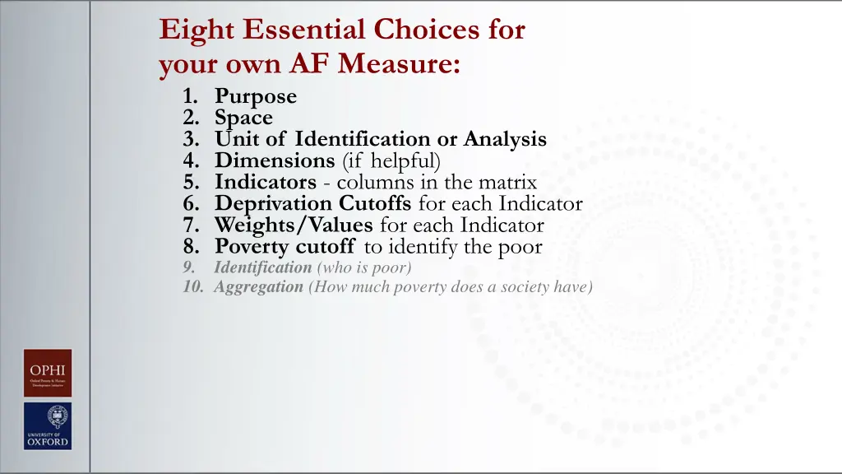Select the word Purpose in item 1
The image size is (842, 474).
(x=256, y=96)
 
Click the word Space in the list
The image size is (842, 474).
(x=243, y=118)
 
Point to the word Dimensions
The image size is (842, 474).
(x=274, y=160)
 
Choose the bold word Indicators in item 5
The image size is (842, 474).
(x=266, y=182)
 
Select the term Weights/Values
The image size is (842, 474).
(x=294, y=225)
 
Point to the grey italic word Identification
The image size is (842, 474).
(x=262, y=267)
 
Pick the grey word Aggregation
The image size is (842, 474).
(x=258, y=287)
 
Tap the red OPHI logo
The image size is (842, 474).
(x=48, y=373)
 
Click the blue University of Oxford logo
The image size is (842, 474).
(x=48, y=426)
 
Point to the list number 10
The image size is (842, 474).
(x=192, y=287)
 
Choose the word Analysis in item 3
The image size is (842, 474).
(x=505, y=139)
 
